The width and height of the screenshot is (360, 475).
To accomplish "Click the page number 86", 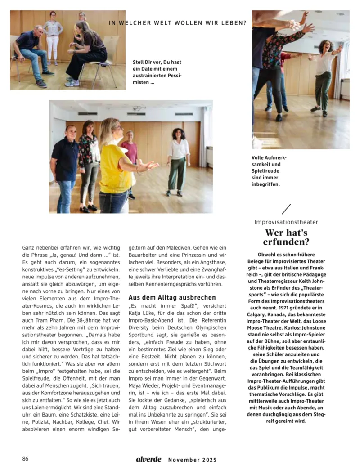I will (x=26, y=459).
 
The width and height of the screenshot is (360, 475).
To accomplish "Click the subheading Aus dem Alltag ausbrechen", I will (x=172, y=298).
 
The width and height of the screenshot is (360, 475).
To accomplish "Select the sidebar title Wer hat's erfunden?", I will (x=287, y=237).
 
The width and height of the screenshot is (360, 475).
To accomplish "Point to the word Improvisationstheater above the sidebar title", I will (x=286, y=222).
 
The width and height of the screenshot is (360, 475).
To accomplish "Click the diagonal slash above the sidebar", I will (x=286, y=209).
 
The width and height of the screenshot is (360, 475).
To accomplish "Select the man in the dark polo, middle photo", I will (x=64, y=166).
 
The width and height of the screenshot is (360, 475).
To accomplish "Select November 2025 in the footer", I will (x=192, y=460).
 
